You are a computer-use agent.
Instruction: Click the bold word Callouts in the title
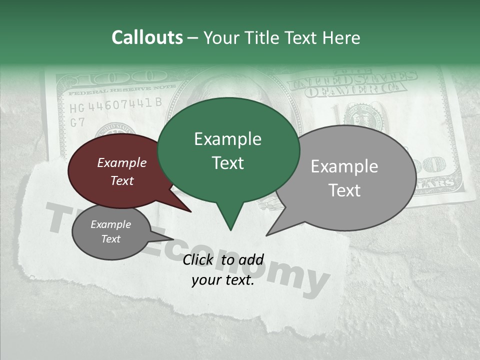pos(147,37)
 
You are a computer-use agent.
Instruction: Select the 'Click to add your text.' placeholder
pos(223,270)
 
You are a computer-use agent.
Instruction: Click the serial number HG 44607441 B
pos(115,104)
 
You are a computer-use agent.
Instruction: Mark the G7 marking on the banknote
pos(77,122)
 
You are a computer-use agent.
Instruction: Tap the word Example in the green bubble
pos(227,139)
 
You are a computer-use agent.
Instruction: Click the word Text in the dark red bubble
pos(122,180)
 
